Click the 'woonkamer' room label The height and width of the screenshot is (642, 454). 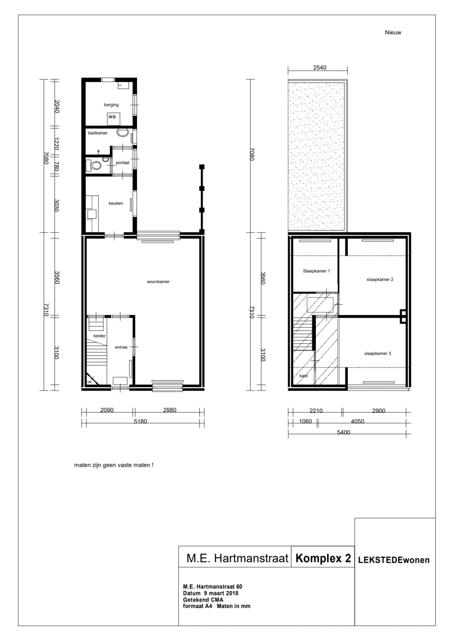click(158, 282)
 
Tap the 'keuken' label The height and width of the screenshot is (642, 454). click(115, 203)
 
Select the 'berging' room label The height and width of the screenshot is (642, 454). click(111, 105)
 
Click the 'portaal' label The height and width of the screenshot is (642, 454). click(122, 162)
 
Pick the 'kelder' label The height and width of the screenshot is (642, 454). click(99, 336)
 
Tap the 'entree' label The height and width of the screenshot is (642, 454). click(121, 347)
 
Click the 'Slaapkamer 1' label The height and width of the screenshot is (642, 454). click(316, 271)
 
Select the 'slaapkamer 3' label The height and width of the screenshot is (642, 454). click(377, 353)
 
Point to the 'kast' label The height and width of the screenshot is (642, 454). click(304, 376)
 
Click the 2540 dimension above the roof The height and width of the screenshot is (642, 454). click(320, 68)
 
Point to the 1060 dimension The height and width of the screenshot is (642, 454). click(306, 421)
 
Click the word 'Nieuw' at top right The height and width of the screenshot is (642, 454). click(393, 32)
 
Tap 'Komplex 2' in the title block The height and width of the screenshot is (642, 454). click(323, 559)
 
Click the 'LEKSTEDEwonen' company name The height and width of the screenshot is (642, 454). click(394, 560)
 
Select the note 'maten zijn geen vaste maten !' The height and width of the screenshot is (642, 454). click(113, 465)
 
